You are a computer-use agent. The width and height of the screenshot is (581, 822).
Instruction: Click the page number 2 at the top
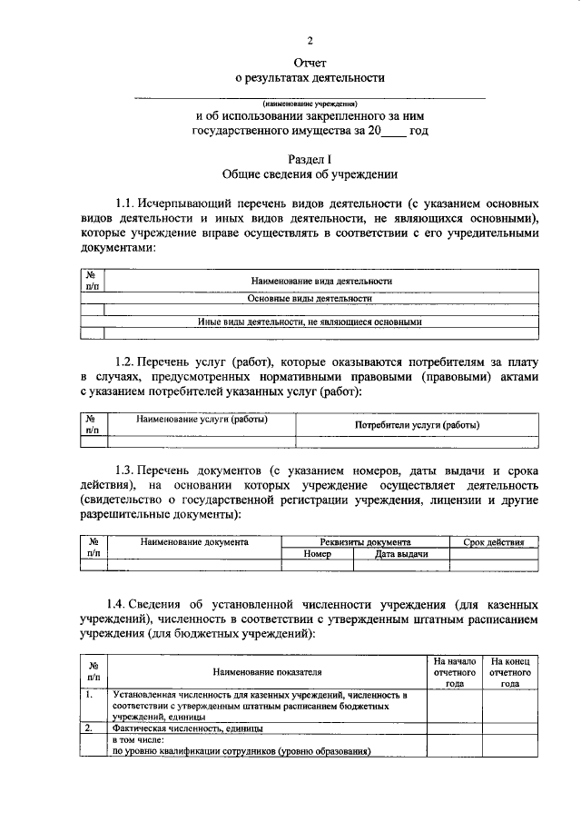coord(310,41)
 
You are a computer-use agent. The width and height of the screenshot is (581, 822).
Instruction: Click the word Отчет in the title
coord(310,62)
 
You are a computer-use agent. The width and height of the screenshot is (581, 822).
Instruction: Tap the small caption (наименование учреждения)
coord(310,103)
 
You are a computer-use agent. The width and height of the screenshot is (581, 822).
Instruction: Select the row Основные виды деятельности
coord(310,298)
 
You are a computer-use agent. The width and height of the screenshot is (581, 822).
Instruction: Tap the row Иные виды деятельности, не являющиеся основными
coord(310,321)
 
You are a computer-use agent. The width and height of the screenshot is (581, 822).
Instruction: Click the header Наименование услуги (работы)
coord(202,421)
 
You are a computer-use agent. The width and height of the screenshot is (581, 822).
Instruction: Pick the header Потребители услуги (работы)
coord(417,424)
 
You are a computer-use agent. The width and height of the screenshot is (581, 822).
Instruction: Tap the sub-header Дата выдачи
coord(401,553)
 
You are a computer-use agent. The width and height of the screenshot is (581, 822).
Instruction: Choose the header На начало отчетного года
coord(454,672)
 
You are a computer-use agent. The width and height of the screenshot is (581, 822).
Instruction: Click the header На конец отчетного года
coord(510,672)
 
